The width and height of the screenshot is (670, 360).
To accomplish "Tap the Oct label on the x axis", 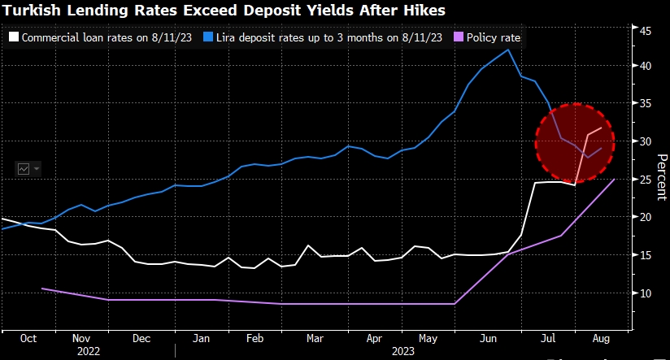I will [28, 337].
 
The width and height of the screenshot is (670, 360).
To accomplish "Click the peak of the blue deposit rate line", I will [508, 50].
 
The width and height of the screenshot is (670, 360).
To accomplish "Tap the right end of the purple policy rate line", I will [613, 180].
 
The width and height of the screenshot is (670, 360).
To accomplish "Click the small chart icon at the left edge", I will [24, 168].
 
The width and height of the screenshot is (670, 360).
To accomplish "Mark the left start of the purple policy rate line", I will [42, 288].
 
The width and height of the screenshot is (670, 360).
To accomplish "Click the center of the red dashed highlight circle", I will [575, 143].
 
